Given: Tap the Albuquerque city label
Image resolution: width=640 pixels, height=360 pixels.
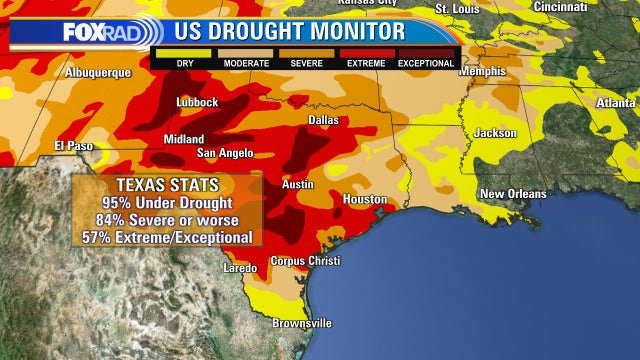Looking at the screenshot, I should [98, 73].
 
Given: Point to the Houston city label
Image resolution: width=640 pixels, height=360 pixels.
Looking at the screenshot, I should [364, 199].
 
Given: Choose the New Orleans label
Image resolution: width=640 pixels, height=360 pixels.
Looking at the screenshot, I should [513, 193].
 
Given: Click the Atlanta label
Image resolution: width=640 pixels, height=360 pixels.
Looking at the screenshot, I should [616, 102].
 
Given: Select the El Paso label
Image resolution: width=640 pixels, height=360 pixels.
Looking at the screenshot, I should [73, 147].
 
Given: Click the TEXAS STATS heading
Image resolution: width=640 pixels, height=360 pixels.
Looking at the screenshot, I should [167, 187].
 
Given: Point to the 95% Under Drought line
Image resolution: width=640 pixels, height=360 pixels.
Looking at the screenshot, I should [167, 203].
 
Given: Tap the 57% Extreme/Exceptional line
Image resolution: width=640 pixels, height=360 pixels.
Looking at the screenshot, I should [167, 237].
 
